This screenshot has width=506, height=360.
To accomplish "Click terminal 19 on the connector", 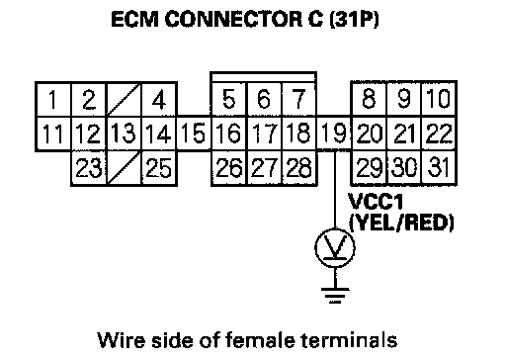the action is [x=334, y=134].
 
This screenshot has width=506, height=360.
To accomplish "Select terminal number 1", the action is [x=53, y=99].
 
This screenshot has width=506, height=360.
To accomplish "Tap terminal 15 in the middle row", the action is [x=194, y=134].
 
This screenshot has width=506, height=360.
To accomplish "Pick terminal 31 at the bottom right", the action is [x=439, y=167].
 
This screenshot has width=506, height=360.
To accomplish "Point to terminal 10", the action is [x=439, y=99].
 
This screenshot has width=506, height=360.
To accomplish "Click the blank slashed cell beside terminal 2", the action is [x=124, y=99].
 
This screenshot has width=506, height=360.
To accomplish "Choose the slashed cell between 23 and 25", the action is [x=124, y=168].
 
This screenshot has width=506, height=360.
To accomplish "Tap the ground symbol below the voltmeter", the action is [x=335, y=295].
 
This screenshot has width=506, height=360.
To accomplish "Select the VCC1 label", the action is [x=376, y=202].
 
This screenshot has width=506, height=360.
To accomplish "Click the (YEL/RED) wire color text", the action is [x=401, y=224].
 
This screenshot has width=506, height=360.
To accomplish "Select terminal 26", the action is [x=228, y=168].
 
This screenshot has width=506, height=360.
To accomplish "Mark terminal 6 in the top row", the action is [x=264, y=99].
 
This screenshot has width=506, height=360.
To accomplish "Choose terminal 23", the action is [x=88, y=168].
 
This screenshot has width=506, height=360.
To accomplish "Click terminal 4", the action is [x=159, y=99].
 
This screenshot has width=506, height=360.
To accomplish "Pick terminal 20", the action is [x=369, y=134].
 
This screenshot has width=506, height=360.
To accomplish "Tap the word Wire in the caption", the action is [x=121, y=339].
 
